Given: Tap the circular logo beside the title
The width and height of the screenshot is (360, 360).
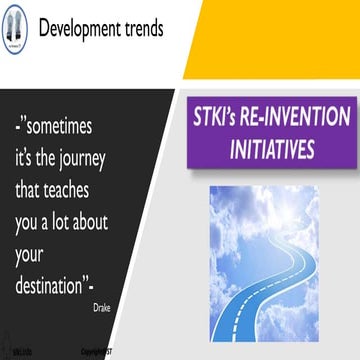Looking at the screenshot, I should (x=17, y=27).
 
